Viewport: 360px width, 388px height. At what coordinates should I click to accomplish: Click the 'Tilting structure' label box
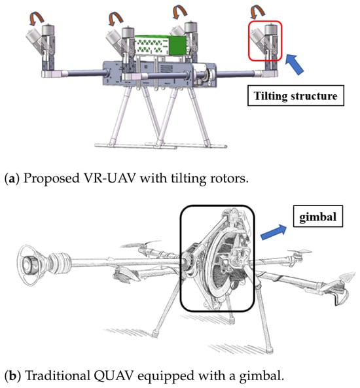click(296, 96)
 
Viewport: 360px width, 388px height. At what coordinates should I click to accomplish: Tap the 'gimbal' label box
click(318, 217)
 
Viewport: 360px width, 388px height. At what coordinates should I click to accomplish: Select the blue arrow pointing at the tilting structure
click(295, 64)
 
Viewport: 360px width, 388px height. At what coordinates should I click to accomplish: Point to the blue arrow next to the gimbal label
click(274, 232)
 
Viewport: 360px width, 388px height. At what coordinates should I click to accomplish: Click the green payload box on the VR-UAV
click(160, 46)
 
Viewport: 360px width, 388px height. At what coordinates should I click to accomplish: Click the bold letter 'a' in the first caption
click(11, 179)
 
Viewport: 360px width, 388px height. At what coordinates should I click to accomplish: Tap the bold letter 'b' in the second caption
click(12, 376)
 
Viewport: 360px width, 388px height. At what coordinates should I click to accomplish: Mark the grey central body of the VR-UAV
click(160, 74)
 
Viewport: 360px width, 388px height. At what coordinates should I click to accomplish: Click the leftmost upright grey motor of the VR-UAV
click(48, 30)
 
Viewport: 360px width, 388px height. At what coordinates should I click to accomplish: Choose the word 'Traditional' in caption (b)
click(58, 376)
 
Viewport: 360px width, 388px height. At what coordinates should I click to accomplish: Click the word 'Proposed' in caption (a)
click(51, 179)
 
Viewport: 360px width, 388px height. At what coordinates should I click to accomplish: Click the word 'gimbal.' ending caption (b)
click(262, 376)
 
